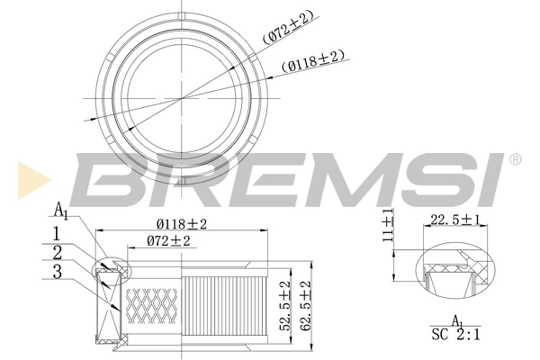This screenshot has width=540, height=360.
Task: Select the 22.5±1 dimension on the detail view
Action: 455,220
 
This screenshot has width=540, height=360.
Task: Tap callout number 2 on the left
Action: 57,252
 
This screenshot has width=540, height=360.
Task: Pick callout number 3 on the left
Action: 57,271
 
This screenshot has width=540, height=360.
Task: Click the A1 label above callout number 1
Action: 60,211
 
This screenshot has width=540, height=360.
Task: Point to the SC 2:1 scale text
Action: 456,335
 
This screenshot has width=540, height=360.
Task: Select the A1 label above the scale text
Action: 456,320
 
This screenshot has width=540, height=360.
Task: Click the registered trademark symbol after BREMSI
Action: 514,159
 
